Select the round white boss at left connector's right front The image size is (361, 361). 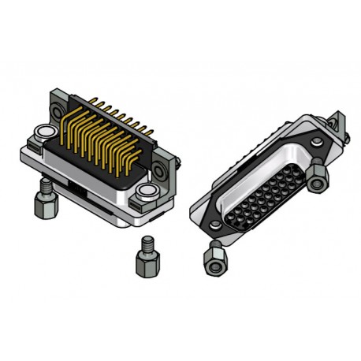point(147,192)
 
